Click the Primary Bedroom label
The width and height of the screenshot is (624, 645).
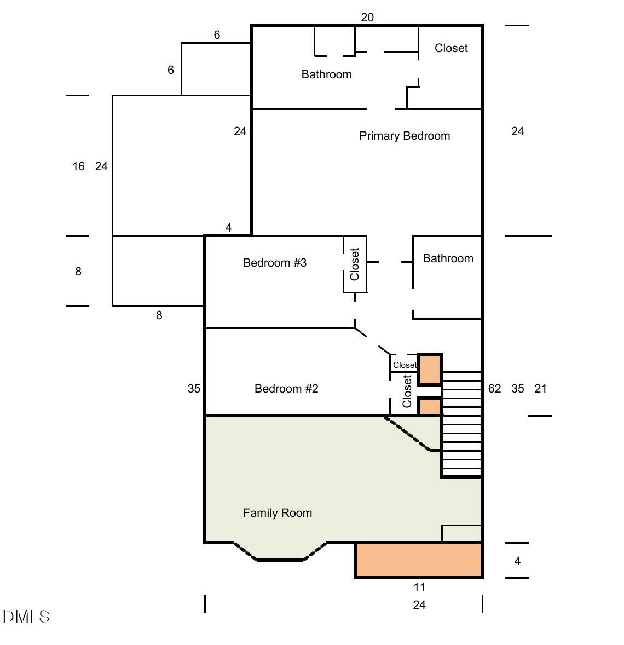(x=405, y=136)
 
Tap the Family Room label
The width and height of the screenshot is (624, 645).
(x=278, y=513)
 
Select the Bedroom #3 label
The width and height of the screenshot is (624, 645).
(x=275, y=262)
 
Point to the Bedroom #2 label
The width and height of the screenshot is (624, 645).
(x=286, y=388)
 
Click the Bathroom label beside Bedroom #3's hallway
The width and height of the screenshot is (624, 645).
(x=448, y=258)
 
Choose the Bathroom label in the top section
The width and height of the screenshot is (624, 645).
(x=327, y=74)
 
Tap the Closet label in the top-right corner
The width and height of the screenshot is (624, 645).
(x=451, y=48)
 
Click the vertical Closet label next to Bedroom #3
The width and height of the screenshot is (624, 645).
(x=355, y=264)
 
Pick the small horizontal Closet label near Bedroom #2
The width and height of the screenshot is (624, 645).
(x=405, y=365)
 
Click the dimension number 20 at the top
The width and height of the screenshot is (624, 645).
(x=367, y=18)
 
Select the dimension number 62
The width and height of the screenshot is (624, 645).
(x=494, y=388)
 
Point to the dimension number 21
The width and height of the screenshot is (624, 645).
(x=540, y=388)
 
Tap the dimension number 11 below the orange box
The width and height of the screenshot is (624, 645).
(x=419, y=587)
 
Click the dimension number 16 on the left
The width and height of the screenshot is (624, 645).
(x=79, y=166)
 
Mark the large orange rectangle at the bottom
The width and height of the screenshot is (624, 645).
(x=418, y=560)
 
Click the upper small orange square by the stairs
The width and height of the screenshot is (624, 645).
(x=430, y=370)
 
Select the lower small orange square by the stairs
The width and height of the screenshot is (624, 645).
(x=430, y=406)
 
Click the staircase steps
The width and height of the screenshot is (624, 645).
(x=461, y=424)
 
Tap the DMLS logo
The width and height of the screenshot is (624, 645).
(x=26, y=616)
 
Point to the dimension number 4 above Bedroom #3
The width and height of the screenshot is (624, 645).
(x=229, y=227)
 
